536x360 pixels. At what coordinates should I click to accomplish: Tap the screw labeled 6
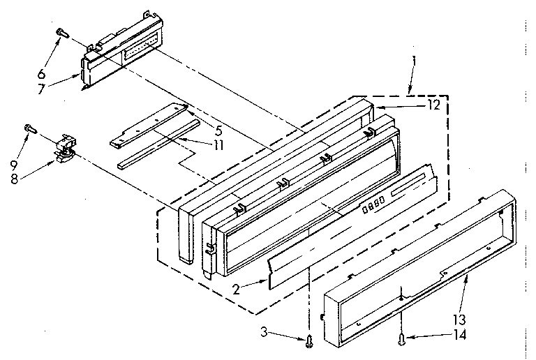62,31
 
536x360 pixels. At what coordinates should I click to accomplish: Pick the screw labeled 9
28,128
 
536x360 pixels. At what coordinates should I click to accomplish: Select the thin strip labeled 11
157,153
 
